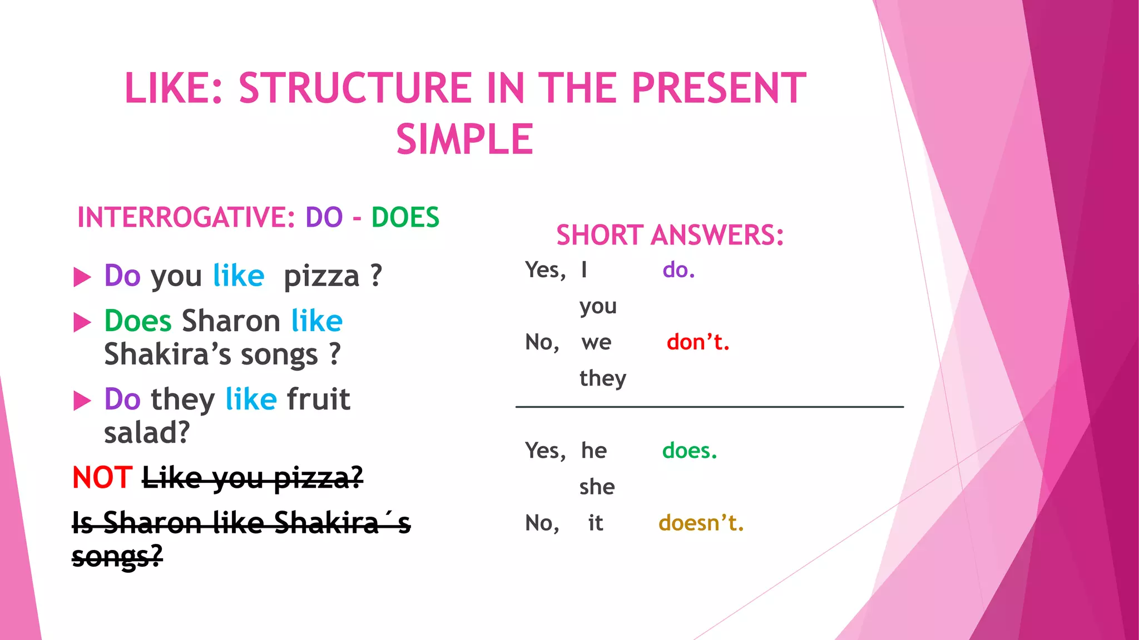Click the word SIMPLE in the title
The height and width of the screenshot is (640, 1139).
(x=465, y=139)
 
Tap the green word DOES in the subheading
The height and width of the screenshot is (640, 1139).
(x=405, y=217)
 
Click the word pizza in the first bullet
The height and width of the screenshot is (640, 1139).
(x=321, y=276)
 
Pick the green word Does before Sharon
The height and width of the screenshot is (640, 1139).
(x=138, y=321)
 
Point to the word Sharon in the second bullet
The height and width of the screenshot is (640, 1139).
(x=231, y=321)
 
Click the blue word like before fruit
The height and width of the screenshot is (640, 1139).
(x=251, y=399)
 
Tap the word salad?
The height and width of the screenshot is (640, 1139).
(x=147, y=432)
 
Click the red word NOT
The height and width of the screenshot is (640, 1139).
(x=102, y=477)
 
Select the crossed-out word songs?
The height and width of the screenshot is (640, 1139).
(x=117, y=556)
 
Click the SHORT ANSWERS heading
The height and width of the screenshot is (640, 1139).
(x=670, y=235)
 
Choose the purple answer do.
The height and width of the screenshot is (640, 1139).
(x=679, y=270)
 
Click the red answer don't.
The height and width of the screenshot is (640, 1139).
(x=697, y=342)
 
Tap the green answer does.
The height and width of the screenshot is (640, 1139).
(x=689, y=451)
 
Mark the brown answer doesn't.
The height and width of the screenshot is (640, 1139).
(x=701, y=523)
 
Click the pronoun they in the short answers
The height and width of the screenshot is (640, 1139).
(x=602, y=378)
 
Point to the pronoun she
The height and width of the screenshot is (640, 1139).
(x=597, y=487)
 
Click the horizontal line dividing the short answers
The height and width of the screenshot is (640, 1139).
(x=709, y=407)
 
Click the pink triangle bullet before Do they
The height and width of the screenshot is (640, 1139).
(x=82, y=400)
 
